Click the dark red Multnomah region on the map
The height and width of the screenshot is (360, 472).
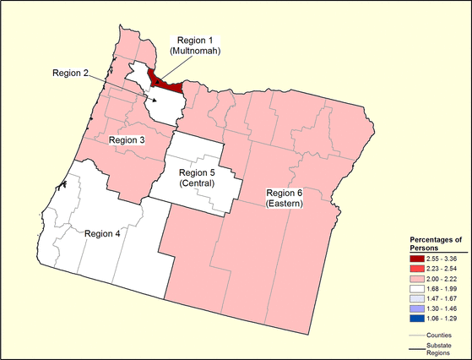click(x=165, y=84)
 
